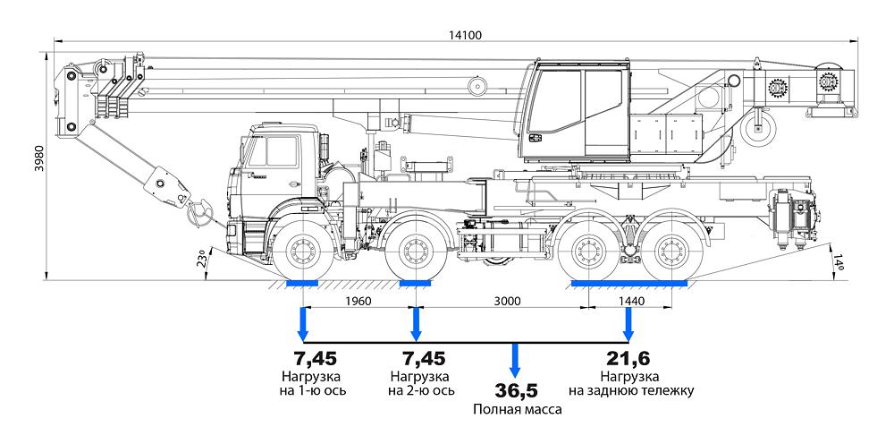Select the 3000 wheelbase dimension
[x=506, y=302]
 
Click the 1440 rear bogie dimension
[x=630, y=302]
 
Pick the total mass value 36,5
[x=515, y=391]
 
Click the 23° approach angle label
[x=204, y=260]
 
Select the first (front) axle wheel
[x=301, y=253]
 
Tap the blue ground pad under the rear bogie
[x=629, y=284]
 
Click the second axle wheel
[x=414, y=253]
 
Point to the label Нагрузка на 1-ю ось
[x=310, y=383]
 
